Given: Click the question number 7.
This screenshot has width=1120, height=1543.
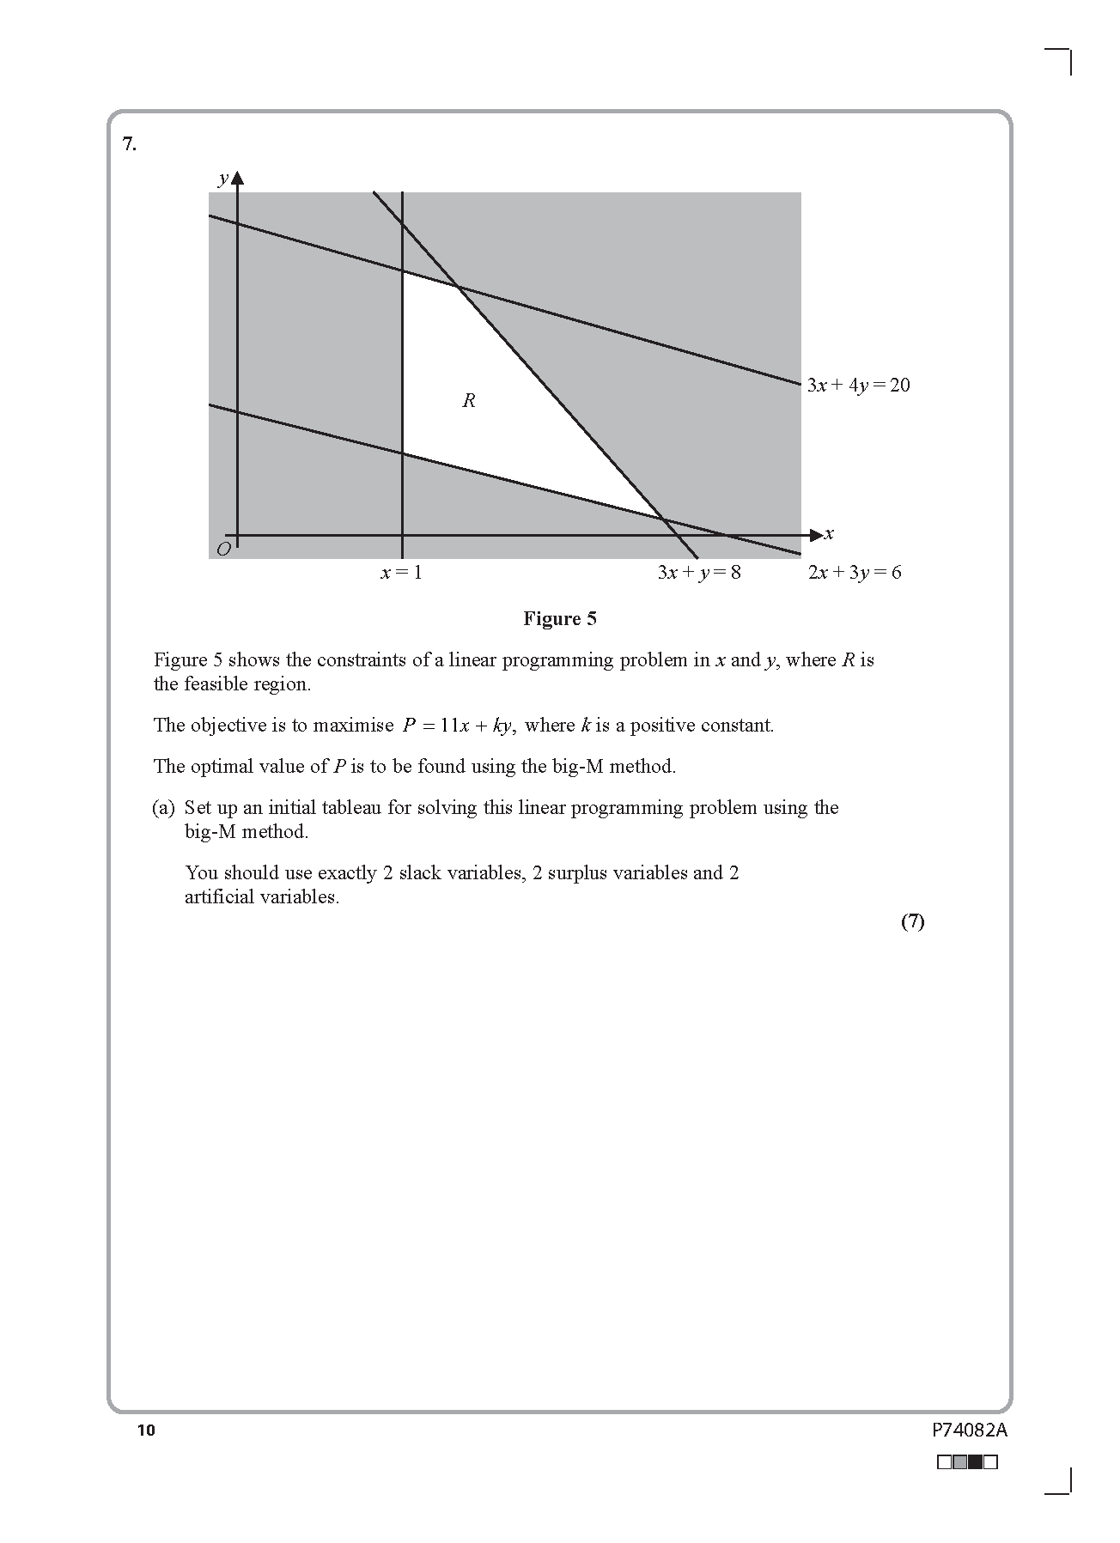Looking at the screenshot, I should [129, 144].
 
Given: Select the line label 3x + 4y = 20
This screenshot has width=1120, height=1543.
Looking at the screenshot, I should [858, 386].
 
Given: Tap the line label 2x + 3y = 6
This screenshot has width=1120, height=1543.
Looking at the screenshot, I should [855, 573].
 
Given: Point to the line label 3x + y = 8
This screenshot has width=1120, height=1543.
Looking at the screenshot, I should [698, 573].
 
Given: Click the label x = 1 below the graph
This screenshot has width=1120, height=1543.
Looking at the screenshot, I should [401, 573].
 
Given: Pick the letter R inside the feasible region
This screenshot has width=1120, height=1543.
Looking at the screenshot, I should [468, 400].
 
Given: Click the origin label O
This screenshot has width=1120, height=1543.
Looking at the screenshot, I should [223, 550].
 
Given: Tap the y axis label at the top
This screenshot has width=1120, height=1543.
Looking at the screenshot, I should [223, 179].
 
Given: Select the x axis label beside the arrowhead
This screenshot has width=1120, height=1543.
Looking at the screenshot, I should [829, 534].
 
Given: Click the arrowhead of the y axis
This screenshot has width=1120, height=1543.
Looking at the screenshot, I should [238, 179].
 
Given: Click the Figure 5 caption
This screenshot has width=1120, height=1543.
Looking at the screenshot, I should [559, 619].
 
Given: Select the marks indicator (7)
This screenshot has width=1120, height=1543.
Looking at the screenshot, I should [912, 921].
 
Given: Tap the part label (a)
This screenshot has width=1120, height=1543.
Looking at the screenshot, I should [163, 808].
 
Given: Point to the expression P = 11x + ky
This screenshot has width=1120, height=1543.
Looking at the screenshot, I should [458, 726].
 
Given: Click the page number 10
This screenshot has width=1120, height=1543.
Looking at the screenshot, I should [146, 1430].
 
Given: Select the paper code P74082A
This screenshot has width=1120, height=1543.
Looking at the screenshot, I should [969, 1431].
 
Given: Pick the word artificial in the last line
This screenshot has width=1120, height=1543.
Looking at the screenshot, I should [219, 897].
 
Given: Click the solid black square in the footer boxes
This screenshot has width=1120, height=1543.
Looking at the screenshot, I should [975, 1461].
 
